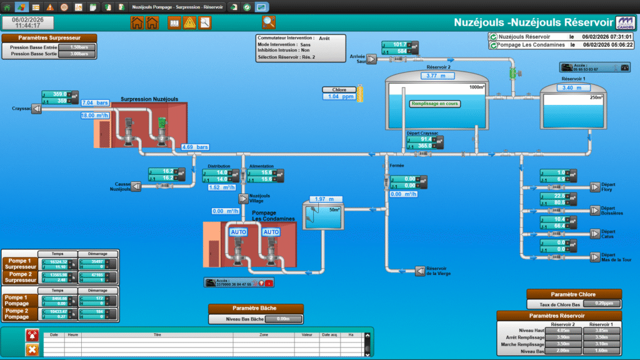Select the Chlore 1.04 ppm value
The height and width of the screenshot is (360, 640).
pyautogui.click(x=337, y=97)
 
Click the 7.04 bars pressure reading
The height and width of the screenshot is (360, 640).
pyautogui.click(x=95, y=102)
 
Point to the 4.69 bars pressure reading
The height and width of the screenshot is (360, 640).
pyautogui.click(x=194, y=147)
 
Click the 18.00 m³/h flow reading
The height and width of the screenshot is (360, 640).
pyautogui.click(x=96, y=116)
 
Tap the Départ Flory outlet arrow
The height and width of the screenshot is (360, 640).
pyautogui.click(x=594, y=186)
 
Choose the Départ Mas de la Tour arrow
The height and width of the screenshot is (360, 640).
pyautogui.click(x=594, y=256)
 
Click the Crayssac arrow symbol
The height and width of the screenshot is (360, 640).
pyautogui.click(x=36, y=109)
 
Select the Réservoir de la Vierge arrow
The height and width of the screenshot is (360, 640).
pyautogui.click(x=420, y=271)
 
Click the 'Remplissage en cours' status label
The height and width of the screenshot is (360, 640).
pyautogui.click(x=435, y=104)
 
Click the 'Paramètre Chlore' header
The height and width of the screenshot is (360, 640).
pyautogui.click(x=574, y=294)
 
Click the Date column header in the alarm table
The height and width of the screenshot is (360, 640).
pyautogui.click(x=54, y=335)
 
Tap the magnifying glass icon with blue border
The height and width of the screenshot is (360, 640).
pyautogui.click(x=269, y=23)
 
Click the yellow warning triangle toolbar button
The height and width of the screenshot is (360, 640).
pyautogui.click(x=189, y=23)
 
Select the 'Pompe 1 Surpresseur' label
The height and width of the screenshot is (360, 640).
pyautogui.click(x=21, y=263)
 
